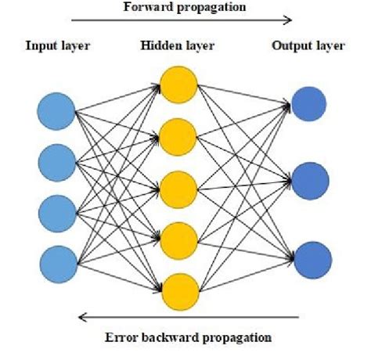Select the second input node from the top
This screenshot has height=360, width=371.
tap(57, 161)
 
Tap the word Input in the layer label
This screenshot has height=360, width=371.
tap(41, 46)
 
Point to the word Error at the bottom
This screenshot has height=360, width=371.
tap(119, 338)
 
